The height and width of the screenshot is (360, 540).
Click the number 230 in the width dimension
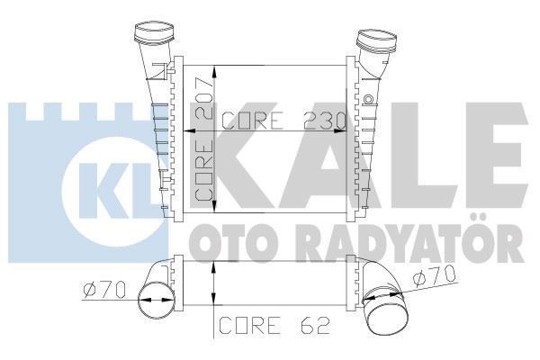324,121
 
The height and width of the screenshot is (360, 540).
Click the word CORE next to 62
249,325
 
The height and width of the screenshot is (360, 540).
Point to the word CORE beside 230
253,121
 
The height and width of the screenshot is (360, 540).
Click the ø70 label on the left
104,290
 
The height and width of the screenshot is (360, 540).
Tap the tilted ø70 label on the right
435,276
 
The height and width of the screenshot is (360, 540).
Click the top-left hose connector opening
154,31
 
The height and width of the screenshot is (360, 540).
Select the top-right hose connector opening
378,40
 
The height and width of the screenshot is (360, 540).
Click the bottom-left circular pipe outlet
156,300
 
